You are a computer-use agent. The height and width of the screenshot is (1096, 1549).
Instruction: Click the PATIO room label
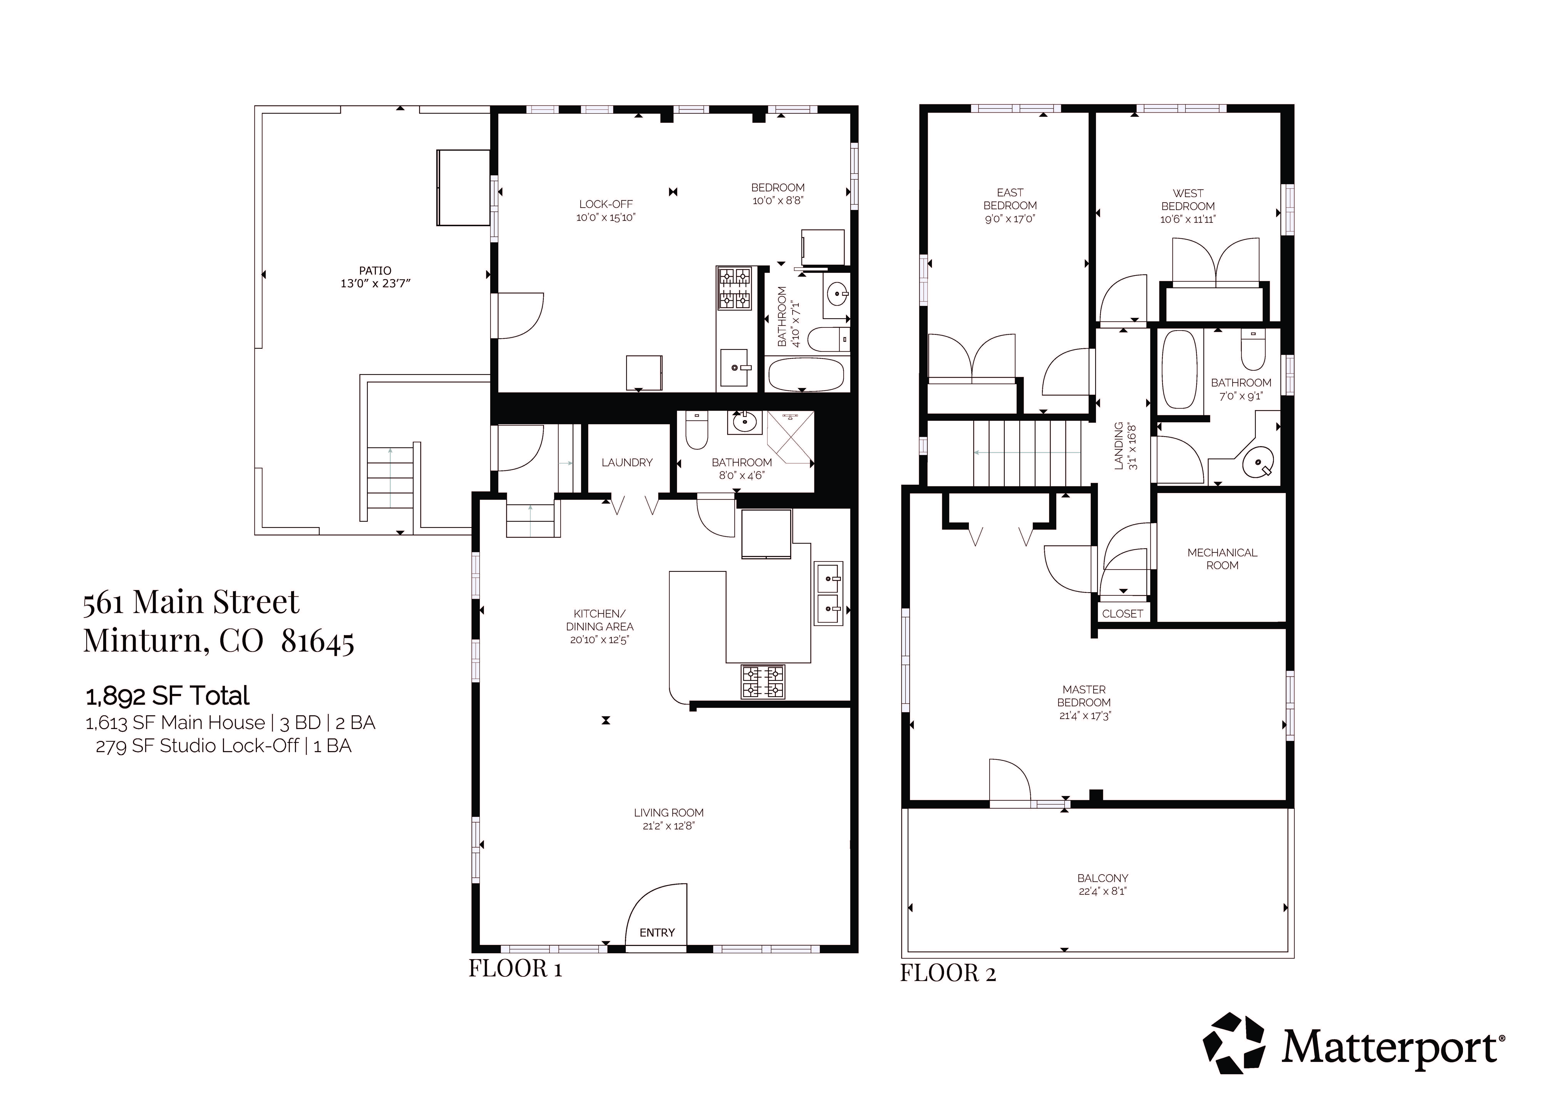pos(375,271)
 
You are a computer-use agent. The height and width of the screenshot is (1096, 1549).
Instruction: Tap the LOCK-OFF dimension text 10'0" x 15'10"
pos(606,217)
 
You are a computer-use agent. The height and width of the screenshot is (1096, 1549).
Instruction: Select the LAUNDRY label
pos(627,462)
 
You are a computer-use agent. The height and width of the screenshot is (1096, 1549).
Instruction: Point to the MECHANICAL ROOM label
pos(1222,559)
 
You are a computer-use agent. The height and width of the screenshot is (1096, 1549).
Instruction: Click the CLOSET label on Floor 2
pos(1122,613)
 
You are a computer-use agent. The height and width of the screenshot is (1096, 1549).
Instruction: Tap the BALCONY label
pos(1102,878)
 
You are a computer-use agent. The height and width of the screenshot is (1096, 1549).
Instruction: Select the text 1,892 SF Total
pos(167,696)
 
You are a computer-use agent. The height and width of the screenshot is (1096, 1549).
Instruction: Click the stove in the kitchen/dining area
pos(763,682)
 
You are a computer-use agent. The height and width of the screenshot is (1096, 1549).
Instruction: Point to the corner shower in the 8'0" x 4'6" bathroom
pos(790,439)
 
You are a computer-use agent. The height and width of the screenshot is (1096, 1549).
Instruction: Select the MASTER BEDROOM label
pos(1084,696)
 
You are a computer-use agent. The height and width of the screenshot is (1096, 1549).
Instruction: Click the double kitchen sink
pos(828,593)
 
